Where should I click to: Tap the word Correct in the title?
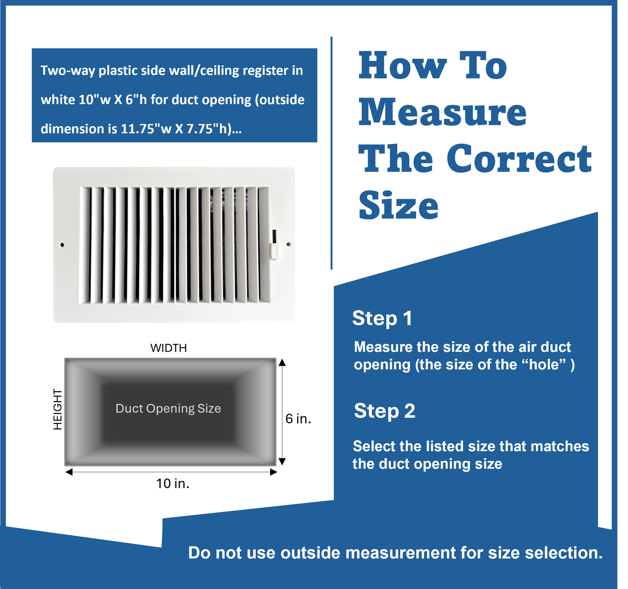519,159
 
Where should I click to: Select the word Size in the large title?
398,206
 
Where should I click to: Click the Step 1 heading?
382,318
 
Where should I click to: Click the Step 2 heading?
384,411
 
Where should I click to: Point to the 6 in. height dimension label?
298,419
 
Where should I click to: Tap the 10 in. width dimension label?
173,483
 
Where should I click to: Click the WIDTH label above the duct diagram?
169,348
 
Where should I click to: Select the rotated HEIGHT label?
57,409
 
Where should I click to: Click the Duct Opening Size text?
168,409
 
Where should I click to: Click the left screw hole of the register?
62,245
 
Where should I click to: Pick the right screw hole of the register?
288,245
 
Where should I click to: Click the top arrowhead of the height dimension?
282,362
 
